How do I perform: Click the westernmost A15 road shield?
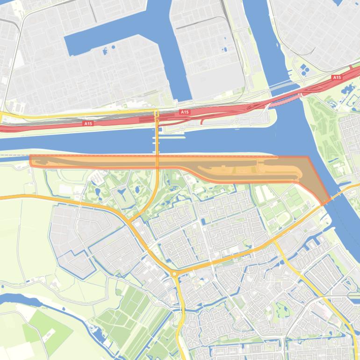[x=88, y=123]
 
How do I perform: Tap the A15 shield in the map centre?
[x=184, y=112]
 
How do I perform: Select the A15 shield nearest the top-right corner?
[x=337, y=77]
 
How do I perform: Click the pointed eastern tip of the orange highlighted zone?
[x=323, y=203]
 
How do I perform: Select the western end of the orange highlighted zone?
[x=31, y=161]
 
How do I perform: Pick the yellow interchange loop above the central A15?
[x=157, y=114]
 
